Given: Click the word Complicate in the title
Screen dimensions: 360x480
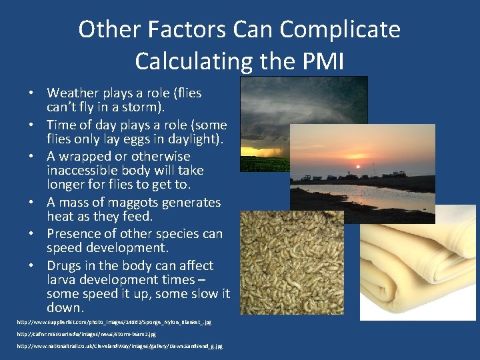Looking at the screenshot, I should (340, 29).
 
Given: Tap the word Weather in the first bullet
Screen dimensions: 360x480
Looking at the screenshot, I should (73, 93).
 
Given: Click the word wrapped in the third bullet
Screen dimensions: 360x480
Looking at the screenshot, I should (89, 157).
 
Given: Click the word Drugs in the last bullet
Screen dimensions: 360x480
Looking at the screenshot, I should (64, 265).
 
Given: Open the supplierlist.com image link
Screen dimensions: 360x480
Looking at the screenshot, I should (114, 321).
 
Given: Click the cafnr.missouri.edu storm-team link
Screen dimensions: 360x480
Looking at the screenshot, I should (86, 333).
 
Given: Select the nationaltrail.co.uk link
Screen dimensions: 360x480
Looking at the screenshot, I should (119, 346).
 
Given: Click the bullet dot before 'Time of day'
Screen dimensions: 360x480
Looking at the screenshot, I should (31, 125).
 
